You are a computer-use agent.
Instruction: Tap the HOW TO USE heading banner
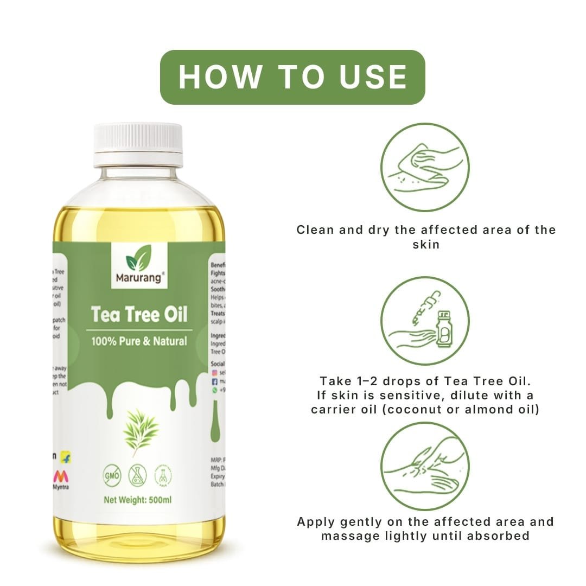[x=292, y=77]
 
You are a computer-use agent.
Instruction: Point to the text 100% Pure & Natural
[x=139, y=341]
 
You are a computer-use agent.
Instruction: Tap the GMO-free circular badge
[x=111, y=475]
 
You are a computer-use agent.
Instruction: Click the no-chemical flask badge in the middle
[x=137, y=475]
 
